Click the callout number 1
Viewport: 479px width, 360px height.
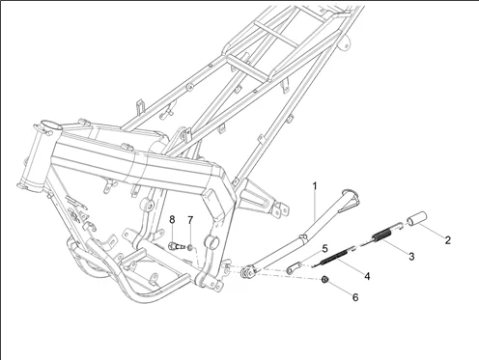pyautogui.click(x=315, y=186)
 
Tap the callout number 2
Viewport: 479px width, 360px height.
pyautogui.click(x=447, y=240)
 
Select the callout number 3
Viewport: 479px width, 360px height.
pyautogui.click(x=411, y=257)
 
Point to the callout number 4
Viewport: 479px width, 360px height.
pyautogui.click(x=367, y=276)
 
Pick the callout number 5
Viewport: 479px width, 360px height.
pyautogui.click(x=324, y=248)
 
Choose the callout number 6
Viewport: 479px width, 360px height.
pyautogui.click(x=355, y=297)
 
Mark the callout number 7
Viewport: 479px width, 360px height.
pyautogui.click(x=190, y=220)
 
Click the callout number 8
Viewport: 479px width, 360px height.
pyautogui.click(x=172, y=220)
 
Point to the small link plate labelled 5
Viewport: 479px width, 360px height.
pyautogui.click(x=294, y=267)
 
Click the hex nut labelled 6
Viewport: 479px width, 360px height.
pyautogui.click(x=324, y=280)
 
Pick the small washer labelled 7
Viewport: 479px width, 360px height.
pyautogui.click(x=190, y=247)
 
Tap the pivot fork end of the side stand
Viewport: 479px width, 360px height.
pyautogui.click(x=249, y=271)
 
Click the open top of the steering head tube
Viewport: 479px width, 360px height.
pyautogui.click(x=51, y=125)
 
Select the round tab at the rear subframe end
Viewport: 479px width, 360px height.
pyautogui.click(x=345, y=43)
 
